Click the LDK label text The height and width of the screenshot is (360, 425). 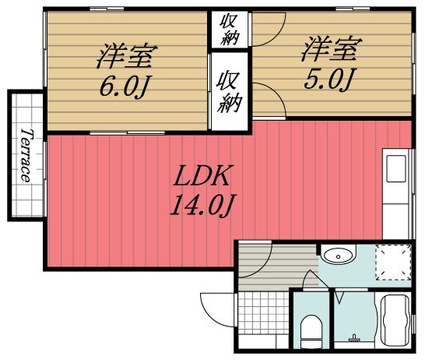[x=204, y=175]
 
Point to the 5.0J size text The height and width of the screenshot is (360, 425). [x=331, y=79]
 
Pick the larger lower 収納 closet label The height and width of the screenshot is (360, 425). [x=227, y=91]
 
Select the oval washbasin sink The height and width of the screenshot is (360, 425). [x=338, y=255]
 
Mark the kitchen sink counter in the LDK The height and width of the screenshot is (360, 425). [x=395, y=191]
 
